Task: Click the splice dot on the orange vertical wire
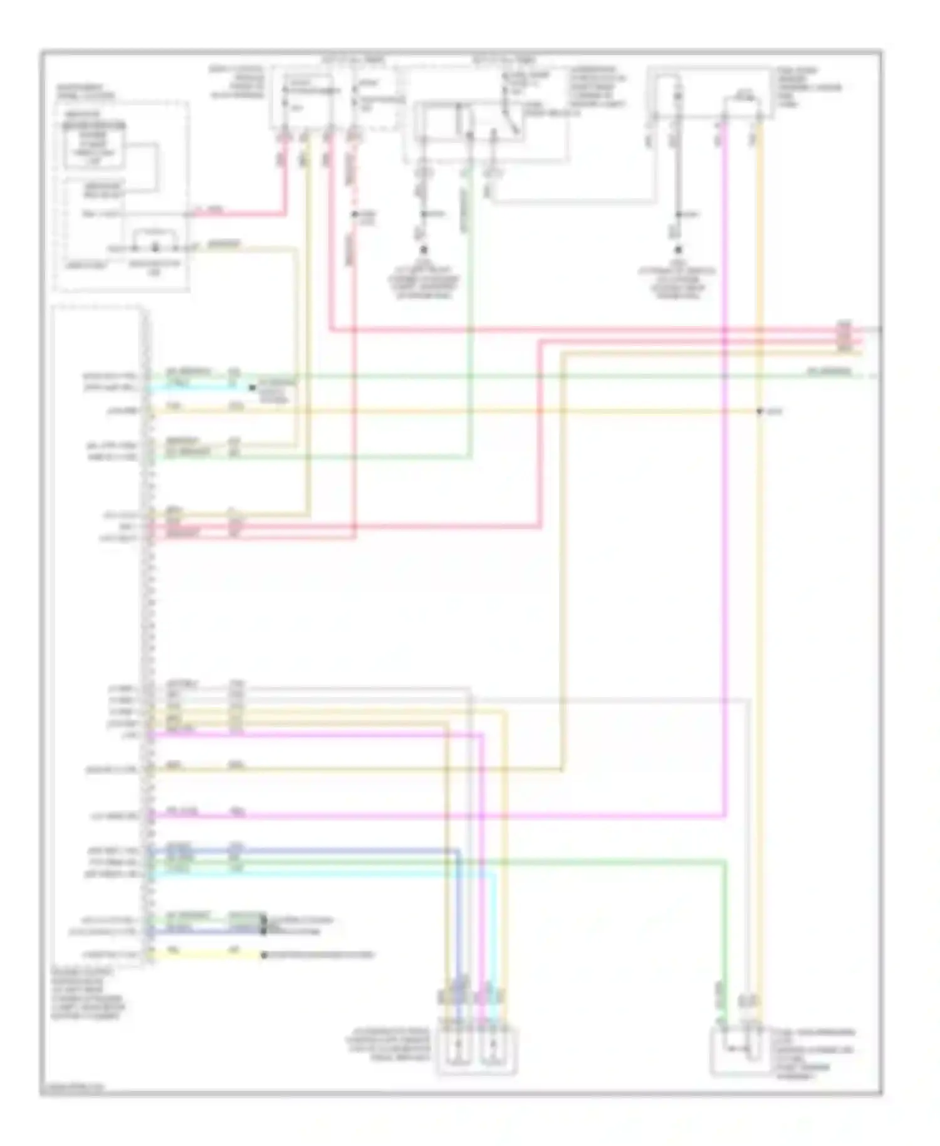759,411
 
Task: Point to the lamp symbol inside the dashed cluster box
155,239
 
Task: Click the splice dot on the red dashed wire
354,214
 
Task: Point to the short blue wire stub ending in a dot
207,932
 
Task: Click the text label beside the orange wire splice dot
775,411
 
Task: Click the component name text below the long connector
88,994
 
